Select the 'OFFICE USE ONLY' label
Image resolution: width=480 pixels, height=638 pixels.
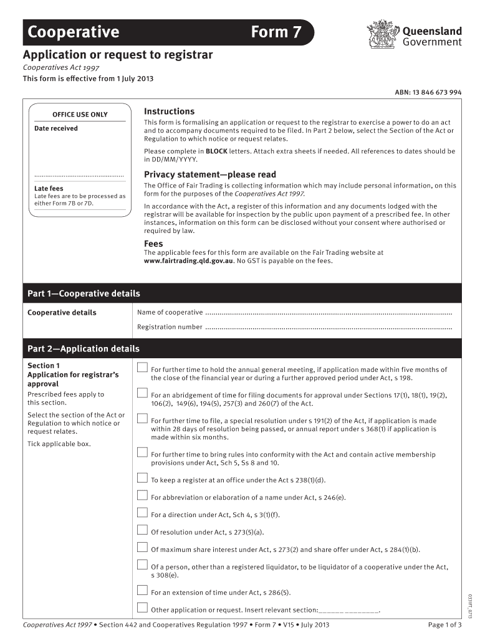click(80, 115)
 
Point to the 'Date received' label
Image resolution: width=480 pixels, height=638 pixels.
click(56, 128)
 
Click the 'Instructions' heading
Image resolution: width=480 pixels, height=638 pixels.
click(169, 112)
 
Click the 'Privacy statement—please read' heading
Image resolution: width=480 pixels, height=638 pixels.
click(209, 174)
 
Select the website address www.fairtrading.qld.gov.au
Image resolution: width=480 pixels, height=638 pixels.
click(188, 261)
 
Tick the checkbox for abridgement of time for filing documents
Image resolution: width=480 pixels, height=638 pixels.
click(142, 393)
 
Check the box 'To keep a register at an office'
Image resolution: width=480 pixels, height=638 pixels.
click(142, 478)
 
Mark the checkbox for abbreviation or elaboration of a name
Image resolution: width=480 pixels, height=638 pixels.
click(142, 496)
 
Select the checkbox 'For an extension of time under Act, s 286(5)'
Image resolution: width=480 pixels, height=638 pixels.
click(142, 591)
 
